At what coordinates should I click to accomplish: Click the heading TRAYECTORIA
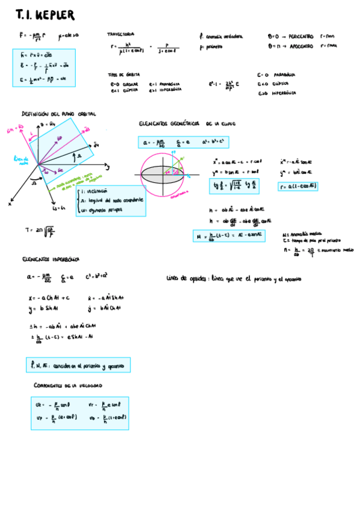[x=121, y=34]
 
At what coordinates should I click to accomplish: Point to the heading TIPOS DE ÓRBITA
[x=121, y=75]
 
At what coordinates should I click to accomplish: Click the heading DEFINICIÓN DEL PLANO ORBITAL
[x=58, y=114]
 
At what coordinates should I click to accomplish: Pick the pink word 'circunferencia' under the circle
[x=179, y=194]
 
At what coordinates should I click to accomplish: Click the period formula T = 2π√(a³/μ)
[x=40, y=230]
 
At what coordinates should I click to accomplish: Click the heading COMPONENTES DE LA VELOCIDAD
[x=67, y=385]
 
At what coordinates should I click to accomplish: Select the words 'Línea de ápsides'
[x=180, y=279]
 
